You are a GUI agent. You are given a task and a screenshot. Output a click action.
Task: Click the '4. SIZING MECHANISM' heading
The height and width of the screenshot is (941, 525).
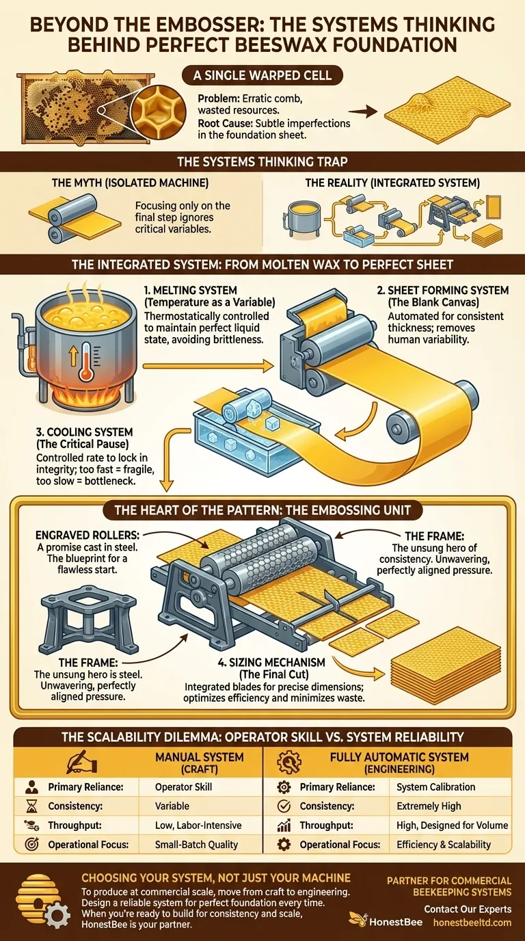256,662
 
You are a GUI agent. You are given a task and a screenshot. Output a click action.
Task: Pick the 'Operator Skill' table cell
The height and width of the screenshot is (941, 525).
184,787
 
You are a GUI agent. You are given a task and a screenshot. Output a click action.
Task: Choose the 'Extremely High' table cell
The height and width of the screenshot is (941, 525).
429,806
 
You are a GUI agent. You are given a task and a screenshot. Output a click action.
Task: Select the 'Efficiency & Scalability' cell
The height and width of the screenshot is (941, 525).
444,845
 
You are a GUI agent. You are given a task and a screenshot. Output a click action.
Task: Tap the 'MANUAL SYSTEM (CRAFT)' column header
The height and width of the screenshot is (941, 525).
200,762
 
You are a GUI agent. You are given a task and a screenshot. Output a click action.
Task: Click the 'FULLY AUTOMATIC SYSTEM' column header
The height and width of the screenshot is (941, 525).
399,757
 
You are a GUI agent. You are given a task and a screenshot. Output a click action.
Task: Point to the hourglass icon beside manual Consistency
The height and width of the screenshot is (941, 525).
31,806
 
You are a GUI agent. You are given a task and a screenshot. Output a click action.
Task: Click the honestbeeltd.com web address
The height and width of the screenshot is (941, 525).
472,922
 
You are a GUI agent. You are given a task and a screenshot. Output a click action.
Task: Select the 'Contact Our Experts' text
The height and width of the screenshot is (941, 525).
468,909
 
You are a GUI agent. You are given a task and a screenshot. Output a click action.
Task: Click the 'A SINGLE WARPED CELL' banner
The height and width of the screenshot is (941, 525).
262,75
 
